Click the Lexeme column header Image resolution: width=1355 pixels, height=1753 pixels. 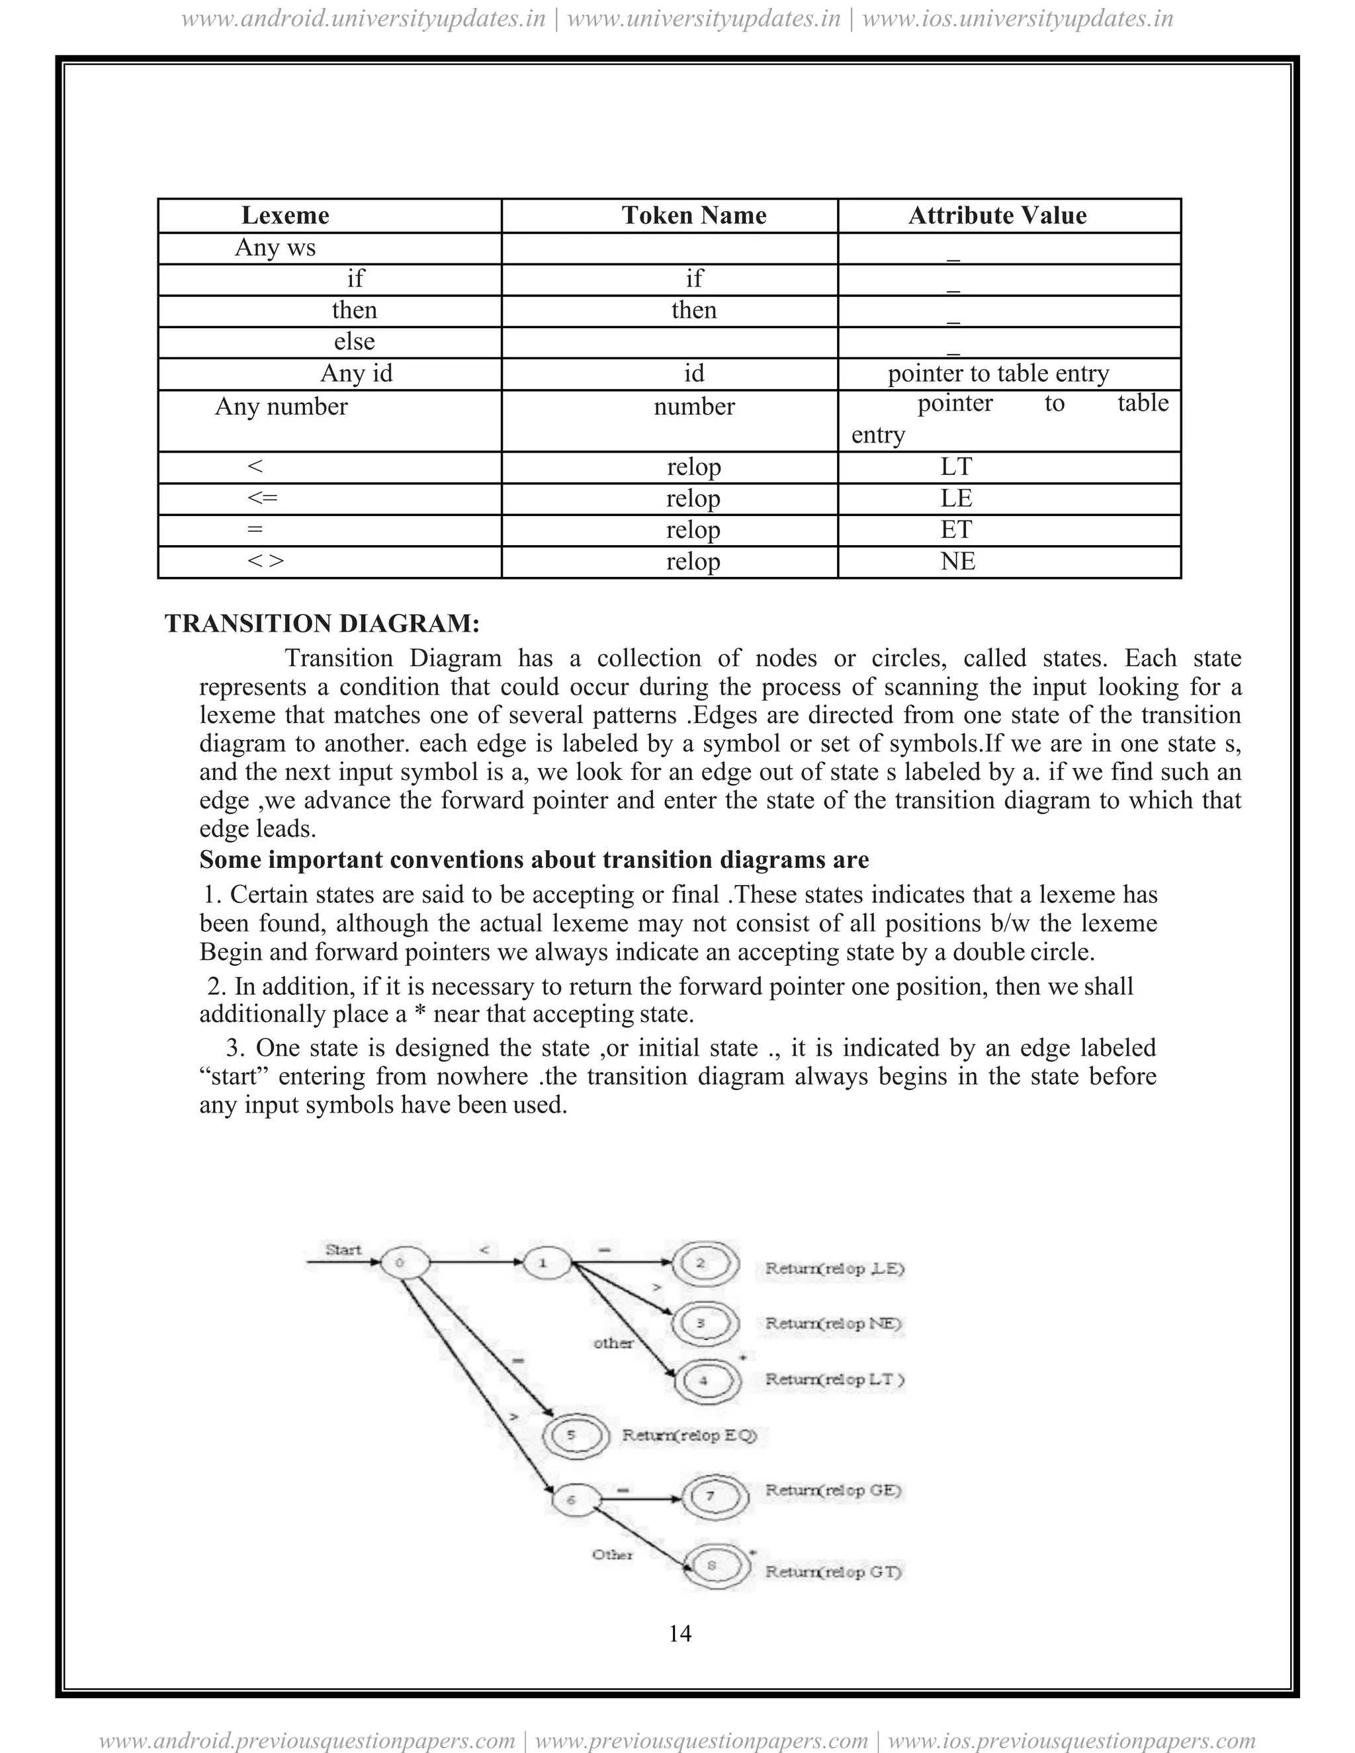285,215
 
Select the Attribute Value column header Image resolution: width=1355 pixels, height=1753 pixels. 997,215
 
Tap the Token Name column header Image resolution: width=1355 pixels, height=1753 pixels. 693,215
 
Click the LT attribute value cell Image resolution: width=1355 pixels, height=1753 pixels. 956,466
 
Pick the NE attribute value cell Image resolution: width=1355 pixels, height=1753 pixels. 957,561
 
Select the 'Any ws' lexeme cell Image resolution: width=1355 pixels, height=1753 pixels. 275,247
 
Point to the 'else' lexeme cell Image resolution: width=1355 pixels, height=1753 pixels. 354,342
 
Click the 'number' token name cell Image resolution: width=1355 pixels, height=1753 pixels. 693,406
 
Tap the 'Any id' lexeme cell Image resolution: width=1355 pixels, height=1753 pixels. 357,373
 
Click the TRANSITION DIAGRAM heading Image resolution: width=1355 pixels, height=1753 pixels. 322,623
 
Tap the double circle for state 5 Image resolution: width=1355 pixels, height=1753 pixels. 572,1434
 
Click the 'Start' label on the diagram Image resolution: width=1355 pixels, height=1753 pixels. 343,1249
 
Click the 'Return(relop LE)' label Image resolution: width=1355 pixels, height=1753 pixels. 834,1268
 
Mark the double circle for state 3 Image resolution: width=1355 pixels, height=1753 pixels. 701,1323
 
